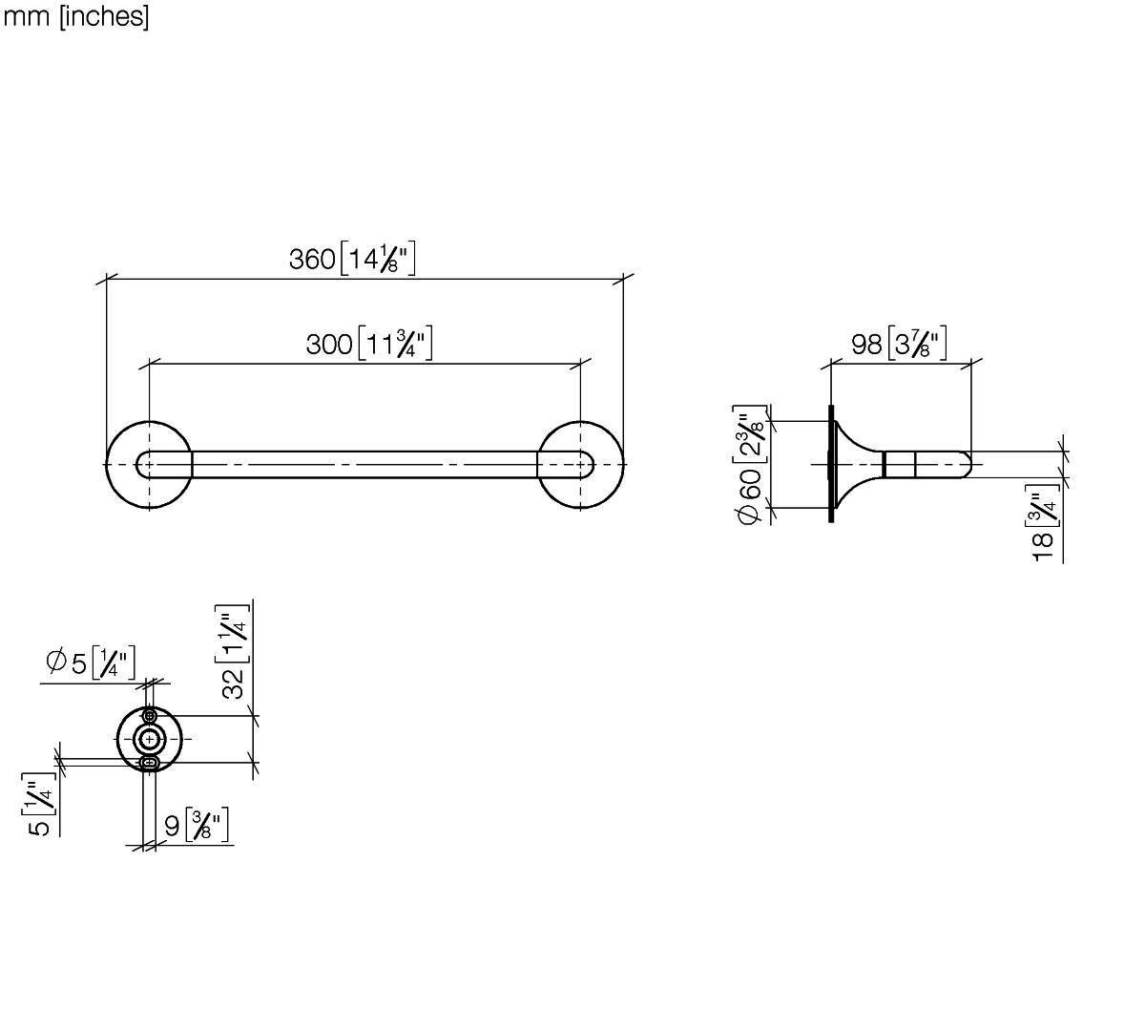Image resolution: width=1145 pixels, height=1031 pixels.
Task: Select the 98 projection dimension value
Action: point(866,344)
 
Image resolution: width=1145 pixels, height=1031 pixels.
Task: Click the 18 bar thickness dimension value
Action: point(1043,546)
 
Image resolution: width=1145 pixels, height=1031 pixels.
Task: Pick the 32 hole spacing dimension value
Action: point(233,684)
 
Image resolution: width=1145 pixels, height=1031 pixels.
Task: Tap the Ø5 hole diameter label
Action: point(66,662)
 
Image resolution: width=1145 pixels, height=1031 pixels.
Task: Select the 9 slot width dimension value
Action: point(172,826)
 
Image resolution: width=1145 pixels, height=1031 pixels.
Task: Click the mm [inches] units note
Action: point(75,16)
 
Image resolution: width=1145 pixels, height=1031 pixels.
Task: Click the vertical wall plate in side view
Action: point(831,464)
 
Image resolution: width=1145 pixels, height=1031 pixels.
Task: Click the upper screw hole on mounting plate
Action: point(150,715)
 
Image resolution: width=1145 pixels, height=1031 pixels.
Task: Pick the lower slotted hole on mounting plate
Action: point(150,763)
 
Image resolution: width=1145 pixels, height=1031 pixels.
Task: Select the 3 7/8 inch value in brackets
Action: point(917,344)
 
